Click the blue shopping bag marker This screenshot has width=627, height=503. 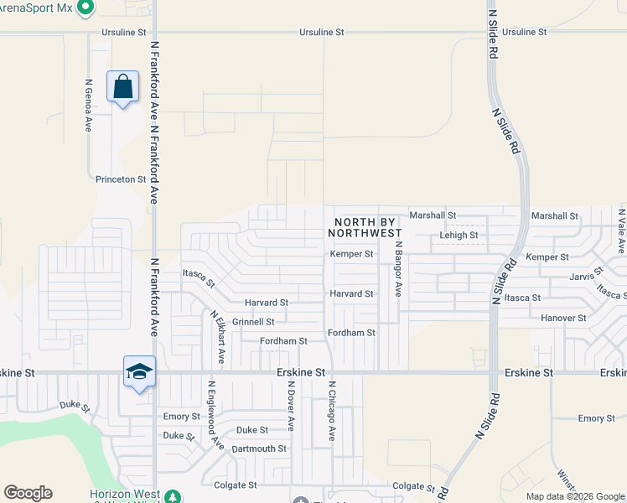click(122, 86)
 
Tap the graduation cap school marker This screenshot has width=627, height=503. click(139, 371)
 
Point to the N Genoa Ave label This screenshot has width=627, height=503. click(88, 106)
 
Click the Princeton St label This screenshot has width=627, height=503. click(121, 179)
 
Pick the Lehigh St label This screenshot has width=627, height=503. click(459, 236)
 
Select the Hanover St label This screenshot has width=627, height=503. click(563, 319)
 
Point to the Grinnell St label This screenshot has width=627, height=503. click(253, 322)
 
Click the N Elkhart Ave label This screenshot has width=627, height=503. click(217, 336)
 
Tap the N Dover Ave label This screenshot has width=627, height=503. click(291, 407)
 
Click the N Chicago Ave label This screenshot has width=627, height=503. click(332, 411)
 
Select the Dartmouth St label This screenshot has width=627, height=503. click(259, 449)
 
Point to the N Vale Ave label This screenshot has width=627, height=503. click(620, 231)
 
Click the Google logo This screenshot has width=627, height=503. click(28, 493)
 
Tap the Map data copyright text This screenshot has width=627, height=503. click(574, 496)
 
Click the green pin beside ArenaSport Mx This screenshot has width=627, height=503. click(84, 8)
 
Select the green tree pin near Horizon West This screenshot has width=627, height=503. click(173, 497)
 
